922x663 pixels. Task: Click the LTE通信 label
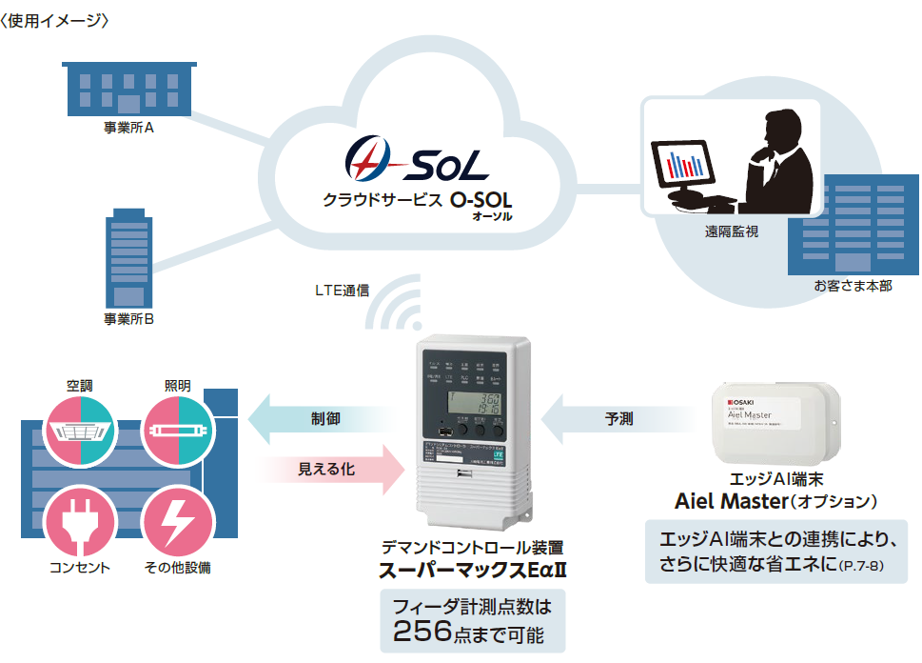(x=343, y=289)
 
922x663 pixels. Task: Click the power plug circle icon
(x=81, y=520)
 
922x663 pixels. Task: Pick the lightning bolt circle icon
(x=178, y=520)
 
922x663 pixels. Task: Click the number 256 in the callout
(x=427, y=631)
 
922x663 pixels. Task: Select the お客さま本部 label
(x=853, y=286)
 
